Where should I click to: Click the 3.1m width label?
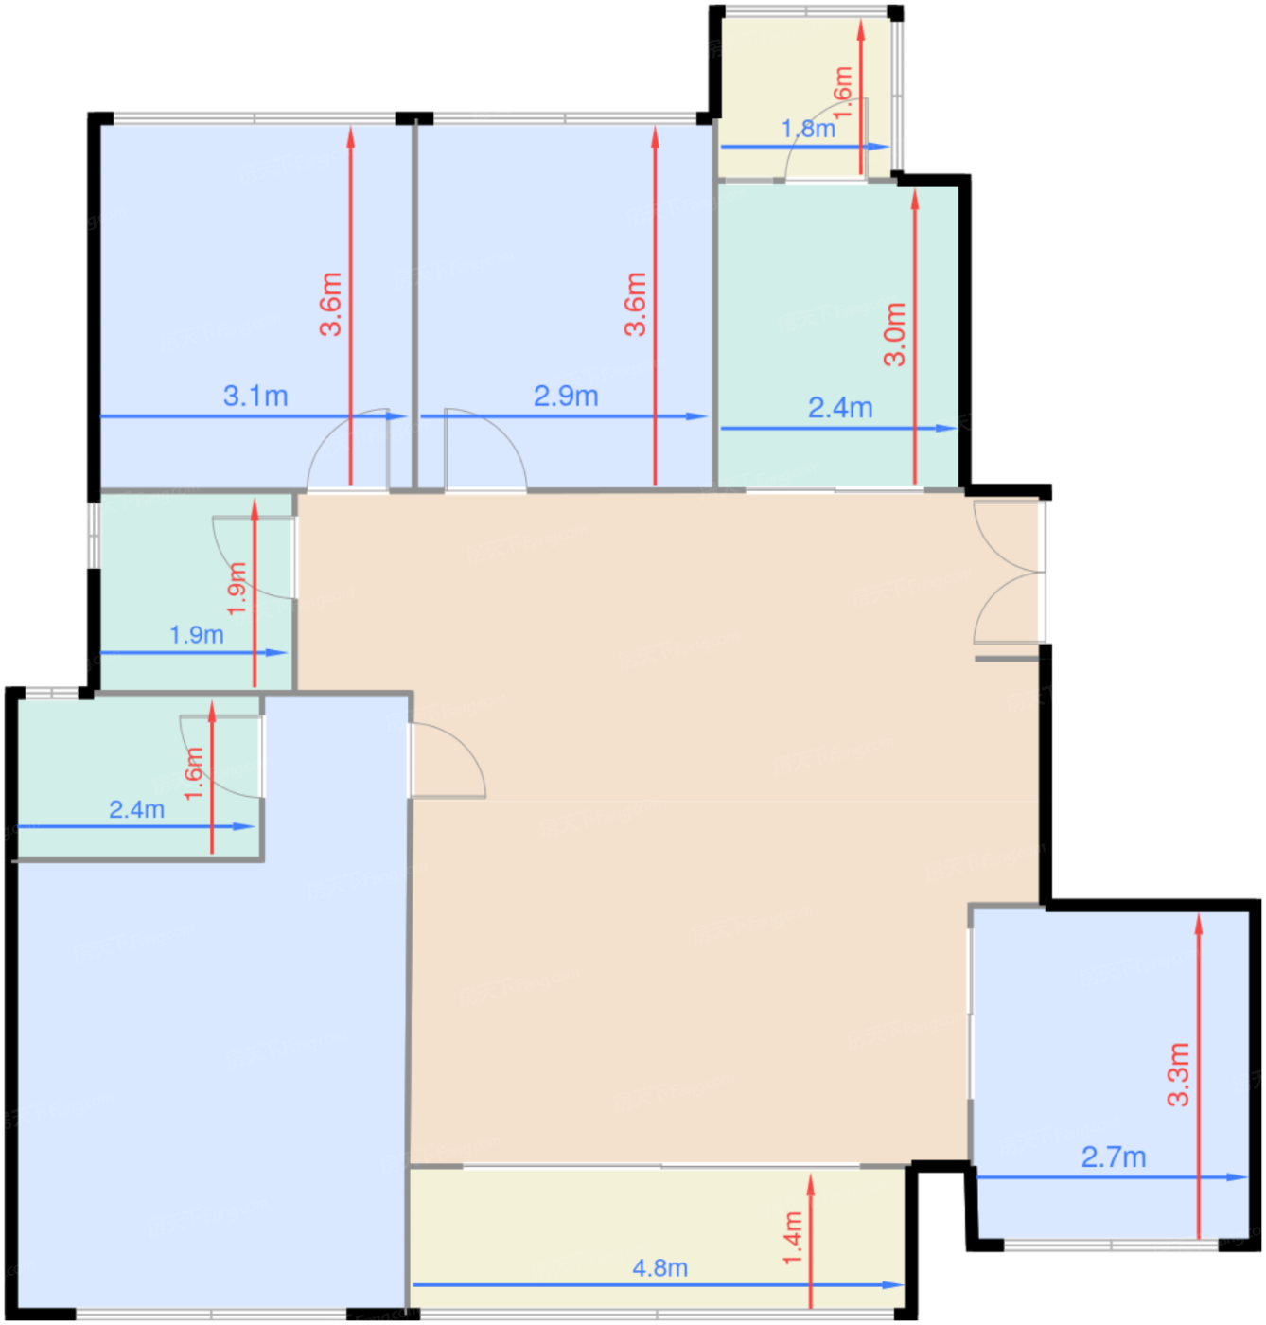click(255, 396)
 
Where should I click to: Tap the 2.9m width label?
click(566, 396)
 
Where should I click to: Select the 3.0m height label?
click(894, 334)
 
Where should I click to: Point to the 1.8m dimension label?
click(808, 128)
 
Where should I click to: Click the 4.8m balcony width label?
click(659, 1268)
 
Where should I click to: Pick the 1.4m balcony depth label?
click(792, 1239)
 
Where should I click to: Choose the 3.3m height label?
click(1178, 1074)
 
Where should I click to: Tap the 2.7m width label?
click(1114, 1157)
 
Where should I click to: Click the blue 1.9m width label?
click(196, 635)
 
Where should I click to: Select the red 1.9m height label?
click(237, 589)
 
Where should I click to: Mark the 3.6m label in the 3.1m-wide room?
click(331, 305)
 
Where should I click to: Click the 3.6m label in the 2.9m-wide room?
click(635, 305)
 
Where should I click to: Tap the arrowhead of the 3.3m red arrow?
click(1199, 926)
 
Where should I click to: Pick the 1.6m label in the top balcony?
click(842, 93)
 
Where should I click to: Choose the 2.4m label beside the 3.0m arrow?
click(840, 408)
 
